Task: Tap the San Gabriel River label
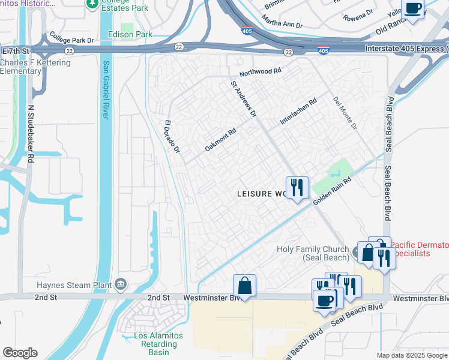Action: click(106, 90)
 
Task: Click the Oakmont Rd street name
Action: click(220, 139)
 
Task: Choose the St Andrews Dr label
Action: click(244, 99)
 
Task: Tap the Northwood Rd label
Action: click(260, 71)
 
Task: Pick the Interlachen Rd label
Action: click(298, 112)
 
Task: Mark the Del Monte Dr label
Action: click(345, 113)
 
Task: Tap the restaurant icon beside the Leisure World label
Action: click(297, 188)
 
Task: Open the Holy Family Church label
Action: click(313, 253)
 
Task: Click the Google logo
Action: click(20, 353)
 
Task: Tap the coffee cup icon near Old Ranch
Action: click(412, 9)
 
